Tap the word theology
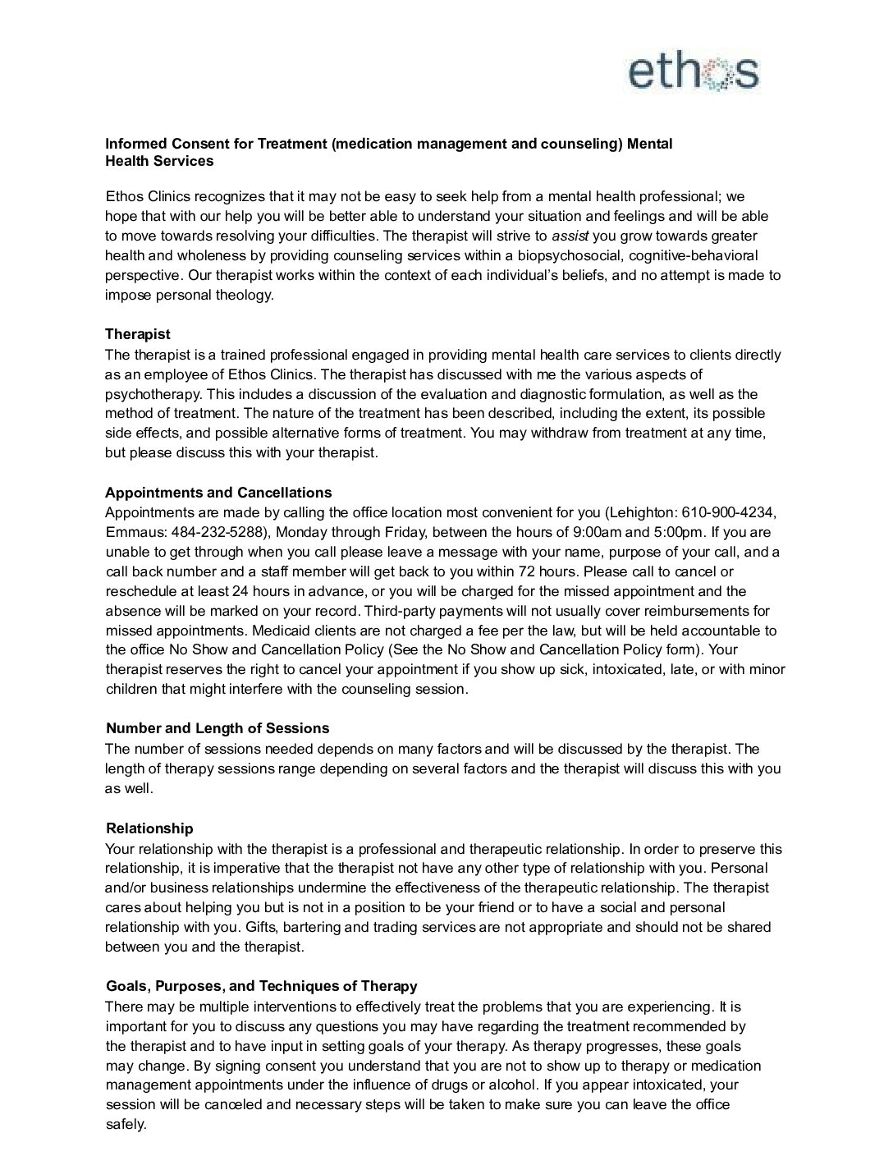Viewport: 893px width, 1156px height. point(244,295)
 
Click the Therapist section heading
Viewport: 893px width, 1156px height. point(138,334)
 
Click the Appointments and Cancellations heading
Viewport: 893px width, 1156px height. point(218,493)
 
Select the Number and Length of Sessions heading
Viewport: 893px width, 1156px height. point(218,728)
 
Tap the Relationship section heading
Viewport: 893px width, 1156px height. point(149,828)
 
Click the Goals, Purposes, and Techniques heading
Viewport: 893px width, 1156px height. point(261,986)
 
